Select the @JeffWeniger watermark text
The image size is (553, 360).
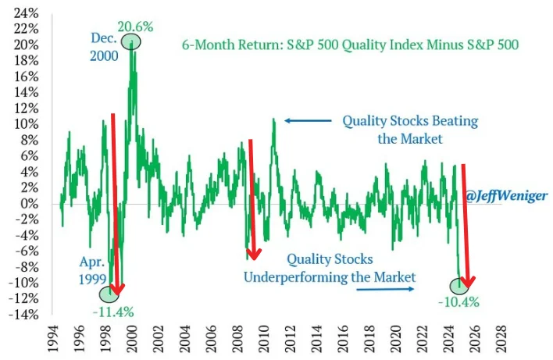coord(506,195)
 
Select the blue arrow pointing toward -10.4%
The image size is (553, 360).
coord(385,289)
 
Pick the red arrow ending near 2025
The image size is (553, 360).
coord(466,226)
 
